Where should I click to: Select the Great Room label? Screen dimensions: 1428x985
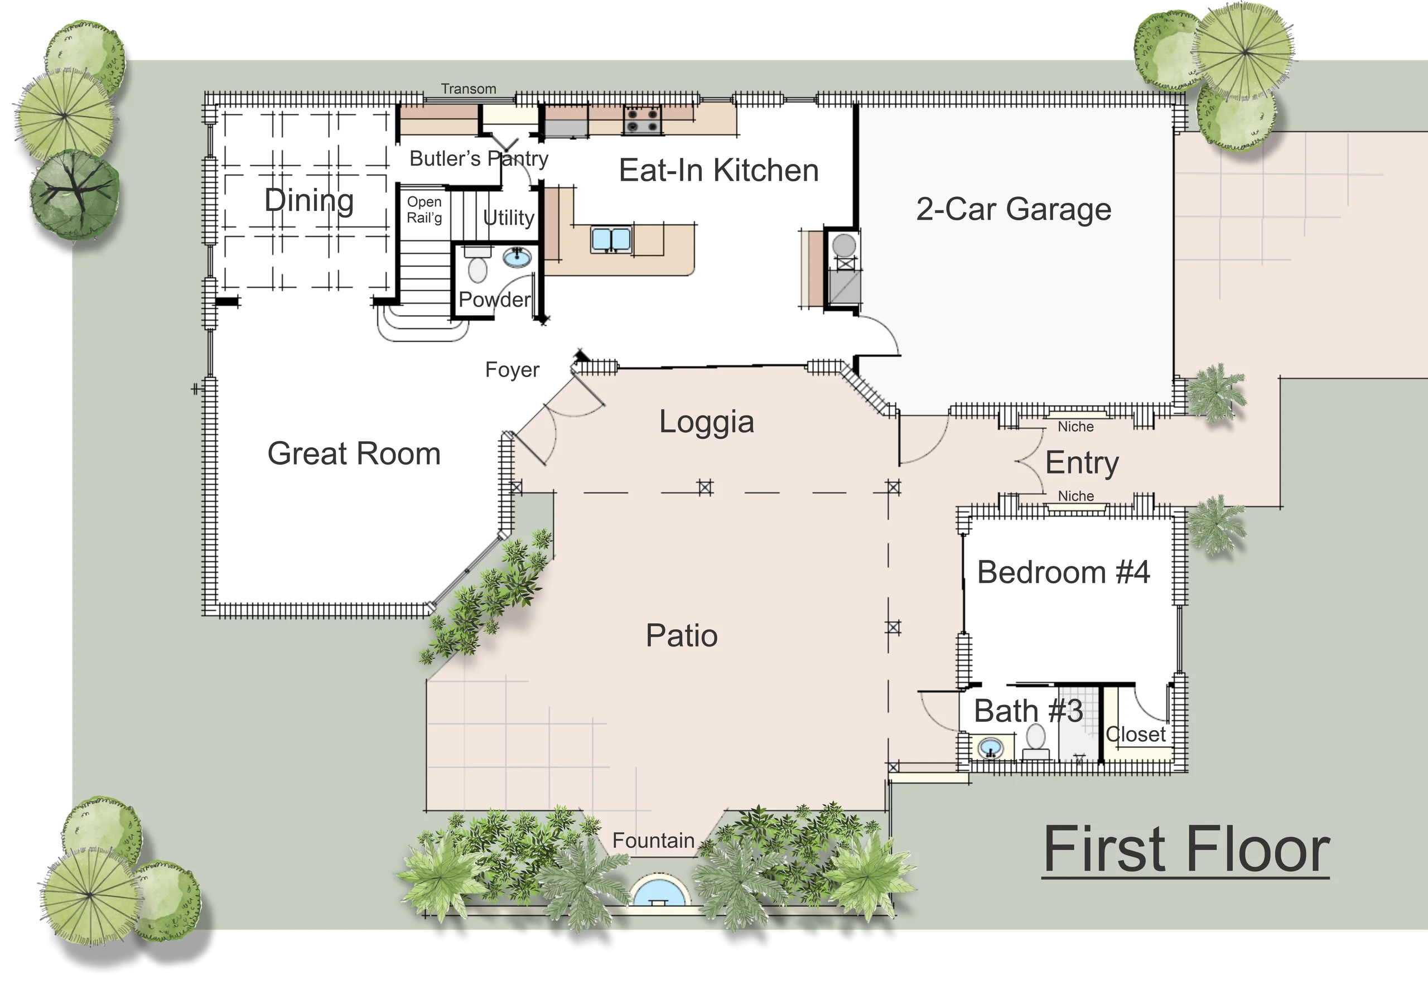pyautogui.click(x=354, y=453)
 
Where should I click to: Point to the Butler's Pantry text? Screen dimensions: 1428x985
pyautogui.click(x=479, y=158)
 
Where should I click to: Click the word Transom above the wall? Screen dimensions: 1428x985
pyautogui.click(x=469, y=89)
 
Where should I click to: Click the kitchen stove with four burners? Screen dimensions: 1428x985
pyautogui.click(x=643, y=120)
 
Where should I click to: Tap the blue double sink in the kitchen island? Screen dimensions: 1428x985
pyautogui.click(x=611, y=239)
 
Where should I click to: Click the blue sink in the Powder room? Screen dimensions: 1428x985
pyautogui.click(x=518, y=257)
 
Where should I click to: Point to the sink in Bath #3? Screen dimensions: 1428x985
pyautogui.click(x=991, y=749)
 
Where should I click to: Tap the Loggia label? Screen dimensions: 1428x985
pyautogui.click(x=707, y=422)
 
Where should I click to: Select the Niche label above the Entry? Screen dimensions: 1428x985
pyautogui.click(x=1075, y=427)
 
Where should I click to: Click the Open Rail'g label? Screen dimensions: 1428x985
pyautogui.click(x=424, y=210)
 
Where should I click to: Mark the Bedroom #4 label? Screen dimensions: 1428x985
pyautogui.click(x=1063, y=572)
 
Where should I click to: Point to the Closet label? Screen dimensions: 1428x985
pyautogui.click(x=1136, y=735)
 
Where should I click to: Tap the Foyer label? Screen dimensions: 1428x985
pyautogui.click(x=512, y=370)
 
